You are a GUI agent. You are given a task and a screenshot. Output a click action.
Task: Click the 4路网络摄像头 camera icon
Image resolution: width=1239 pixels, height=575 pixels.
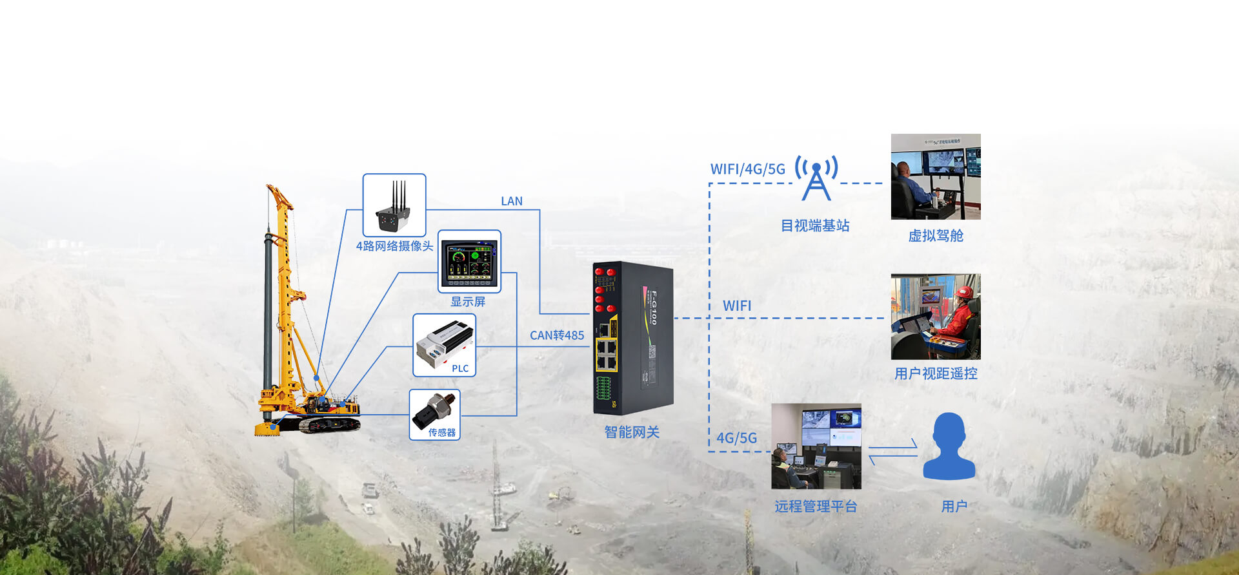(394, 205)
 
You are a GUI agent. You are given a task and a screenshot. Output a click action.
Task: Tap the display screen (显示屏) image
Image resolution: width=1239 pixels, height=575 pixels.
(469, 261)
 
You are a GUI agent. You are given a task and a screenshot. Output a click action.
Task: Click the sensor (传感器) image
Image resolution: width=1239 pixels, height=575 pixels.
(434, 411)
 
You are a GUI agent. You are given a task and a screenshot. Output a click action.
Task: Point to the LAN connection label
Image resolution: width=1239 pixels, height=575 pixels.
(512, 201)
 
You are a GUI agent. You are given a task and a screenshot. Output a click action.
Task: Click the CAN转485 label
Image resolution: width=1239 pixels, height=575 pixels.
(557, 335)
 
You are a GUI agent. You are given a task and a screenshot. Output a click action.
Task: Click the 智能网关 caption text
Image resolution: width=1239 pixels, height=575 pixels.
(632, 432)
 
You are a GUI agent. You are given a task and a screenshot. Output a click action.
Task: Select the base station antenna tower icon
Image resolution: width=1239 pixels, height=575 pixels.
(816, 178)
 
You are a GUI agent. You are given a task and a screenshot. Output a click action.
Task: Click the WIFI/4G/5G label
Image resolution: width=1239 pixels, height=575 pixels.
(748, 169)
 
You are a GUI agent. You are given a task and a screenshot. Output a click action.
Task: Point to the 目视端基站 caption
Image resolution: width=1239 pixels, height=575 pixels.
(815, 225)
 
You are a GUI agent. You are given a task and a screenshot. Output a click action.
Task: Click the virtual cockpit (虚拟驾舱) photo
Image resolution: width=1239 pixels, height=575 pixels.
(936, 176)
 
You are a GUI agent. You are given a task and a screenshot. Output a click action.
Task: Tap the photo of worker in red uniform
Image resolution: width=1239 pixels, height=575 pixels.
(936, 317)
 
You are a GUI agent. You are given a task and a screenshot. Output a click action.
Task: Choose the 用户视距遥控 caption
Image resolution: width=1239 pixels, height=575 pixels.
(936, 373)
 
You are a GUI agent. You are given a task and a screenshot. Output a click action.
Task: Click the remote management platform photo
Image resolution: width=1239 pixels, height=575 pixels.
(816, 446)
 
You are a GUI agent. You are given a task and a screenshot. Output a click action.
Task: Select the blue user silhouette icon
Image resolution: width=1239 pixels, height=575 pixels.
(949, 446)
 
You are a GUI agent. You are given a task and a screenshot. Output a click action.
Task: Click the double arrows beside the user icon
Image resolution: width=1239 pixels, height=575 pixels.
(892, 452)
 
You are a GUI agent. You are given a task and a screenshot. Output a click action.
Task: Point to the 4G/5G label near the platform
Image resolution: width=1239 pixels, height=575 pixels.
(736, 438)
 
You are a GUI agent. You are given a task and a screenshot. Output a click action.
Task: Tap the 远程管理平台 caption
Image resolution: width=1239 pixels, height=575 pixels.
(816, 507)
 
